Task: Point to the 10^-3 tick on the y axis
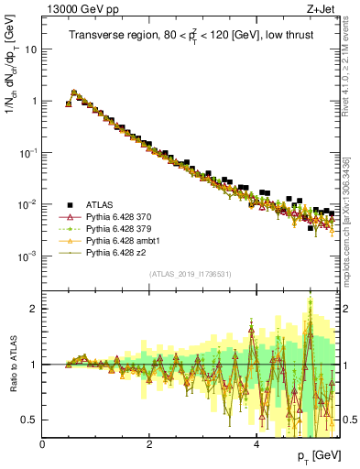pos(27,256)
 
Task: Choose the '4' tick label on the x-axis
pos(256,444)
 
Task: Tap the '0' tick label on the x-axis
pos(42,444)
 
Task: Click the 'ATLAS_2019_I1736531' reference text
pos(191,274)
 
